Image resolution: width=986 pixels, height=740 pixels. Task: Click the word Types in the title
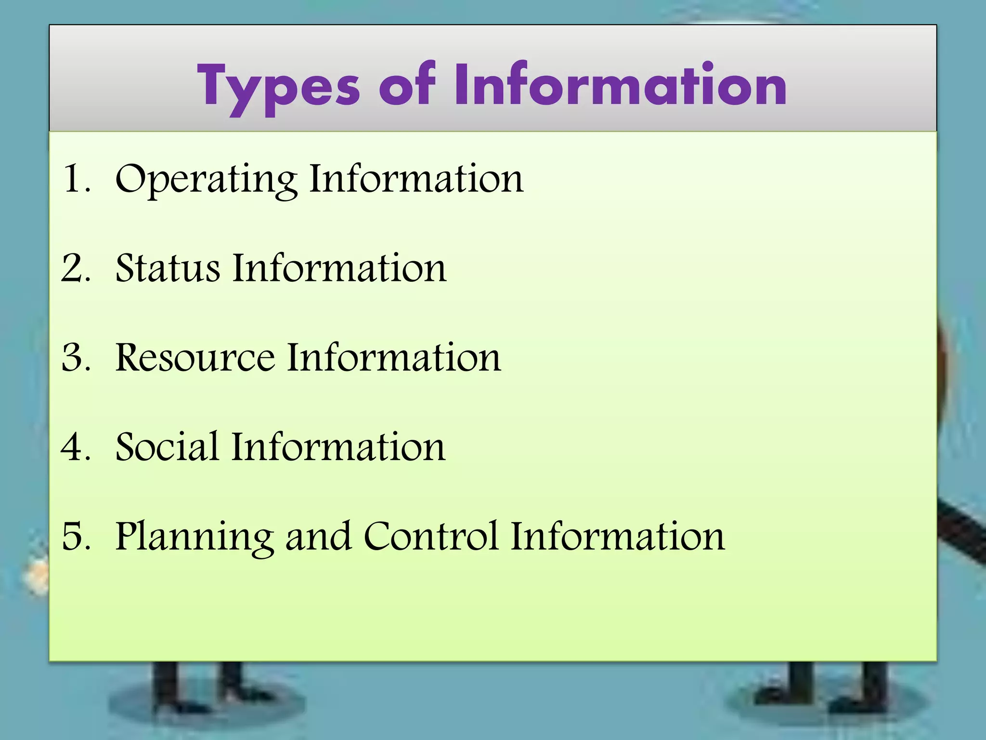pyautogui.click(x=279, y=87)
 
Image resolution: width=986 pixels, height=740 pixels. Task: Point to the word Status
pyautogui.click(x=168, y=268)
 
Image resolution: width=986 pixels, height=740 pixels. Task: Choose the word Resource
pyautogui.click(x=195, y=357)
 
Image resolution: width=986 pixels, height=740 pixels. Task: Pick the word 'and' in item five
pyautogui.click(x=318, y=537)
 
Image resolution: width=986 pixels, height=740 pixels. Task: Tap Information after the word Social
pyautogui.click(x=338, y=447)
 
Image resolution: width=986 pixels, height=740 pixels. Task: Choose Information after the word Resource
pyautogui.click(x=394, y=357)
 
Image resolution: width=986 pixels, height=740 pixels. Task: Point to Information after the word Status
pyautogui.click(x=339, y=268)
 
